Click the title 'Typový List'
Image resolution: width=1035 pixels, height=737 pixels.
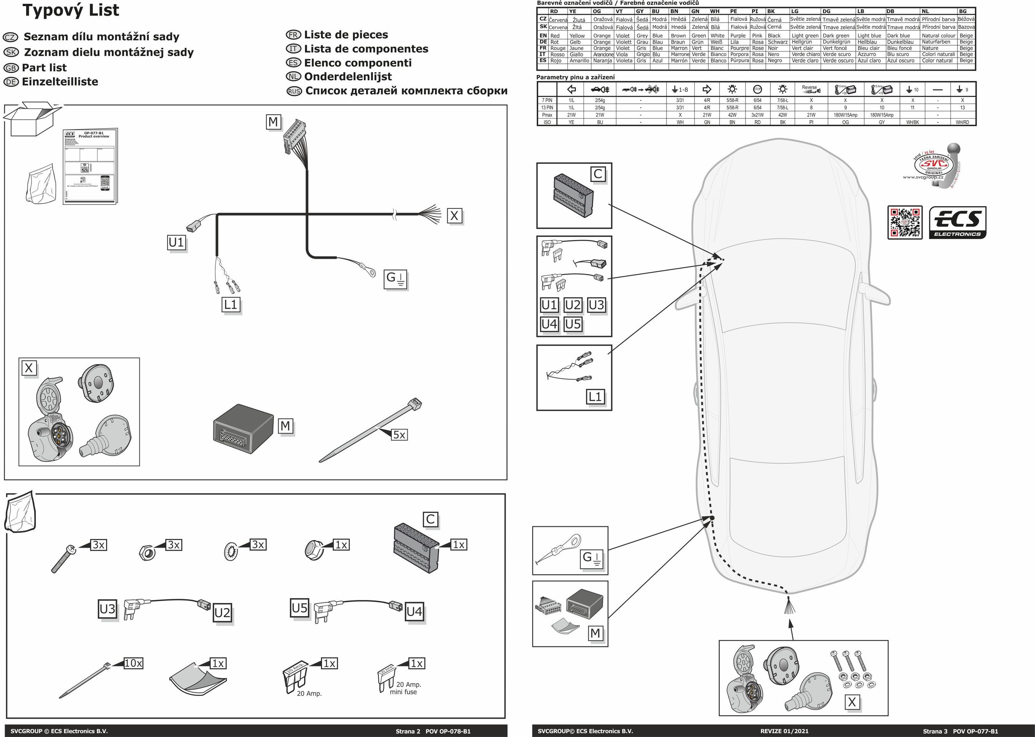pos(71,10)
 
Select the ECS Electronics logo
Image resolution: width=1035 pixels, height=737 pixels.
pos(958,222)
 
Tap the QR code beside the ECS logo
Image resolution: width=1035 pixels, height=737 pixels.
pos(905,222)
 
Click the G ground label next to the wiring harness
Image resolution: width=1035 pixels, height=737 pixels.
pos(396,278)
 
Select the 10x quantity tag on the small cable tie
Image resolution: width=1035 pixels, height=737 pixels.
pos(133,663)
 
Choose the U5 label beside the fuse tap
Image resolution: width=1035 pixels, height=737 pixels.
pos(299,608)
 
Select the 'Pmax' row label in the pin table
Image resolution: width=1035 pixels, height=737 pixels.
pos(547,115)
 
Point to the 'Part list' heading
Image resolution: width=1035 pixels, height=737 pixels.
pos(44,68)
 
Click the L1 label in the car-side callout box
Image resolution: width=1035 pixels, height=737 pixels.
pos(595,397)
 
